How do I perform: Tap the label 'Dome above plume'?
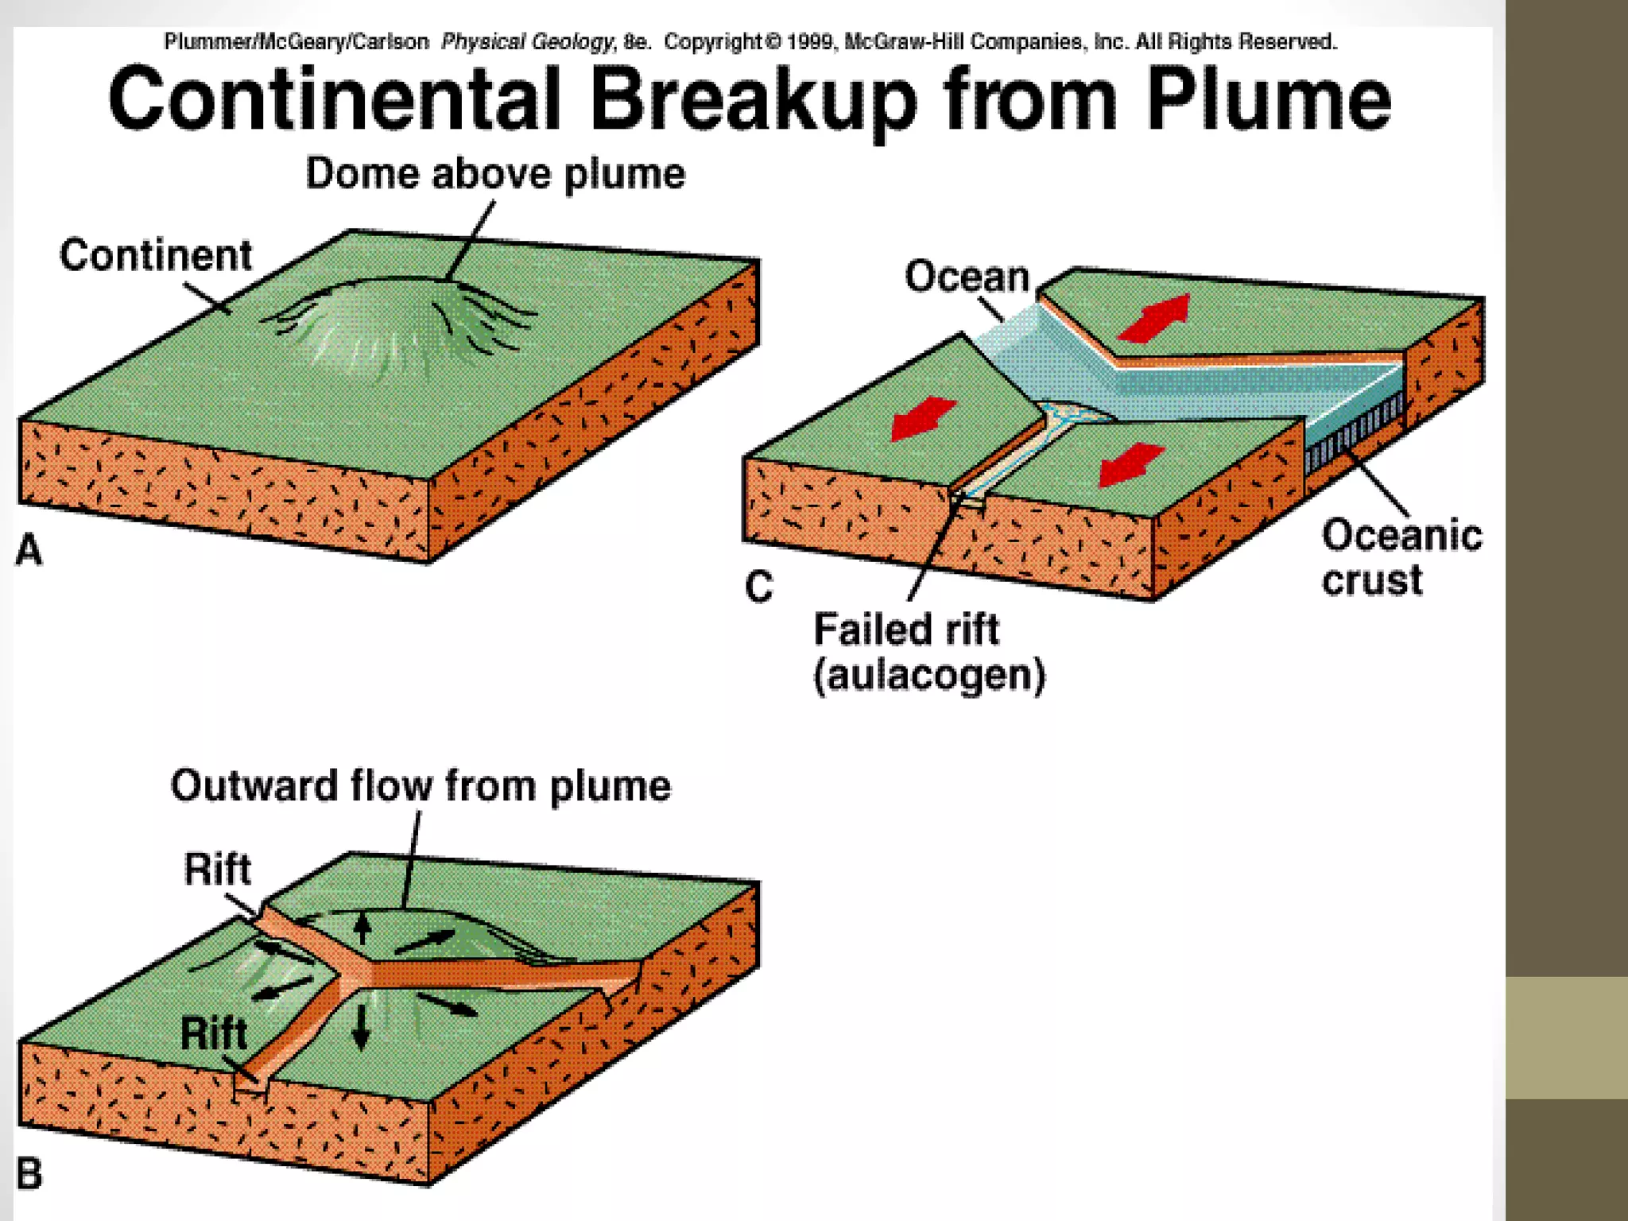(x=494, y=174)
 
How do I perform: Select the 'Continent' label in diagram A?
(x=156, y=256)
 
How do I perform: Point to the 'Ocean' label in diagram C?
(x=967, y=277)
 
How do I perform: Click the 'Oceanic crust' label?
(x=1401, y=556)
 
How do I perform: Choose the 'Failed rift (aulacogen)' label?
(x=928, y=652)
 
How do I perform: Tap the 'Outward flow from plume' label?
(x=421, y=786)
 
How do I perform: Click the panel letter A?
(x=29, y=550)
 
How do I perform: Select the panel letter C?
(x=758, y=587)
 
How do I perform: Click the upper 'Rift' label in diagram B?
(x=217, y=869)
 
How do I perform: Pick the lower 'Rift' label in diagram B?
(x=213, y=1033)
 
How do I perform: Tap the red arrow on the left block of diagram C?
(x=922, y=418)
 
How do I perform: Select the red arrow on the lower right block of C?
(x=1130, y=464)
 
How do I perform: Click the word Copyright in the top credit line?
(x=712, y=42)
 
